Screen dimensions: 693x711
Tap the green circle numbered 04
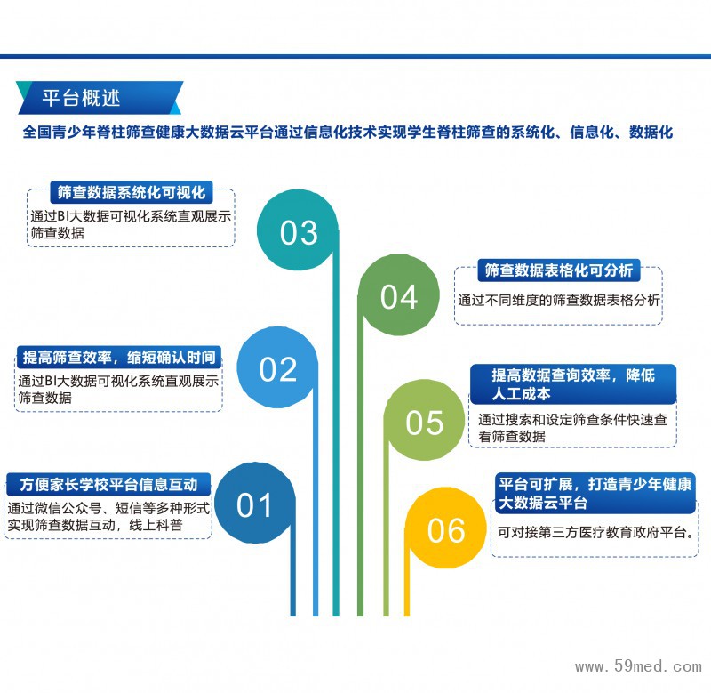(x=398, y=296)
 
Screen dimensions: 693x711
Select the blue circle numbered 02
(x=277, y=367)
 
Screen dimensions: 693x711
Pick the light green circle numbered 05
(x=424, y=422)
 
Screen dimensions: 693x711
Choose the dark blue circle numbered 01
(x=254, y=504)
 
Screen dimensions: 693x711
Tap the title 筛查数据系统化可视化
(x=132, y=192)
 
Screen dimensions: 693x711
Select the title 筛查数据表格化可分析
(x=558, y=270)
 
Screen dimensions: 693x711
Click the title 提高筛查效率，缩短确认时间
(x=119, y=358)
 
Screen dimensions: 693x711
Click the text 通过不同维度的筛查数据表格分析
(x=559, y=301)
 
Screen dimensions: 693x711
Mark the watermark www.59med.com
(x=638, y=665)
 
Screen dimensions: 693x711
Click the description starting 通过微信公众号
(x=108, y=517)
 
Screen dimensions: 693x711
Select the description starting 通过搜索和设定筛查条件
(x=571, y=427)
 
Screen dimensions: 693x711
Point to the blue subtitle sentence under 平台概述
(x=348, y=133)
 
